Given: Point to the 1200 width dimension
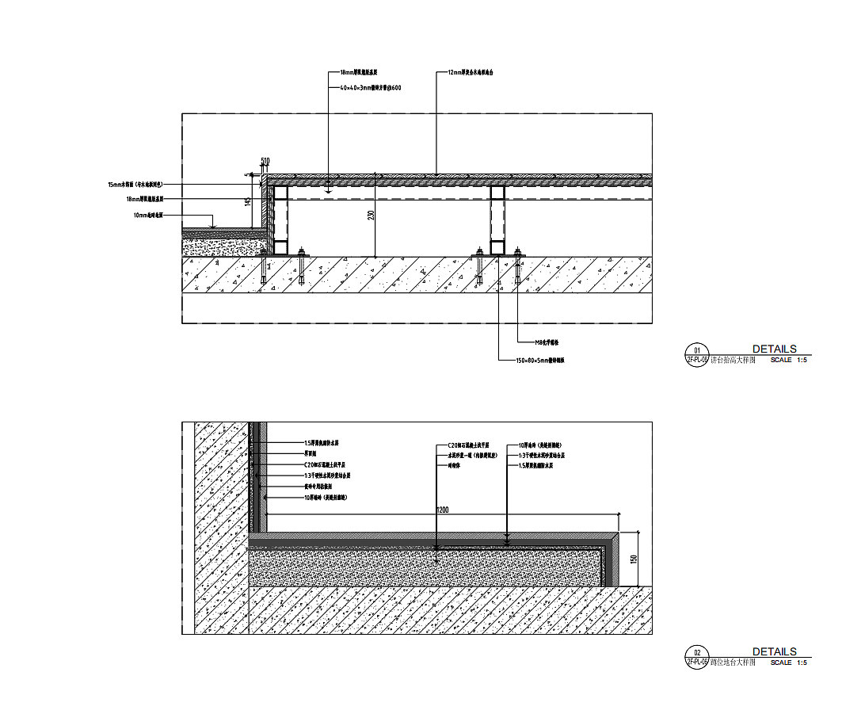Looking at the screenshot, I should point(442,510).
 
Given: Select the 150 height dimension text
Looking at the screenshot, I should point(633,559).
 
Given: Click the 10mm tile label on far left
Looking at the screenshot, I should point(148,215).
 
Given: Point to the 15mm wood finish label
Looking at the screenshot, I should point(135,184).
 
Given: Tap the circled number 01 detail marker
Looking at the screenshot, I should point(697,349).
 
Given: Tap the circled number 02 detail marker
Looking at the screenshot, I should point(697,651).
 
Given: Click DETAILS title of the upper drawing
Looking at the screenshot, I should point(774,349).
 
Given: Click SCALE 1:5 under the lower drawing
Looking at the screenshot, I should point(788,662).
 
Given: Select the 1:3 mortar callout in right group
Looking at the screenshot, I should point(541,456).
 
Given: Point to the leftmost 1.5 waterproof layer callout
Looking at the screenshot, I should point(322,443).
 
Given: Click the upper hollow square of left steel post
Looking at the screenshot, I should point(280,193).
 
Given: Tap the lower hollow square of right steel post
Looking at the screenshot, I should point(497,247).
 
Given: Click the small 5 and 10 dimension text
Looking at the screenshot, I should point(265,162).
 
